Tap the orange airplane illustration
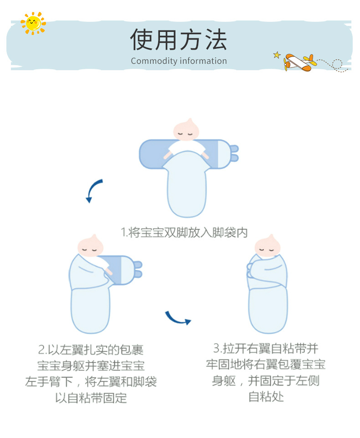click(298, 62)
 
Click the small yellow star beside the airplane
click(277, 55)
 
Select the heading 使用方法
click(179, 40)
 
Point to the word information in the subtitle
click(203, 61)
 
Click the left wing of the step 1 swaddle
click(153, 154)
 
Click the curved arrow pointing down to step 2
click(94, 191)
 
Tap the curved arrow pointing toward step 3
click(177, 318)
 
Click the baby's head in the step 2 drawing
click(90, 247)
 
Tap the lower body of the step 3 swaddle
click(268, 310)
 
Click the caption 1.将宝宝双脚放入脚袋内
click(184, 232)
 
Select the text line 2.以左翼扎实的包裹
click(91, 350)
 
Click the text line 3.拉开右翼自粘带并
click(266, 349)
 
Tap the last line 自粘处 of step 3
click(266, 397)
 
